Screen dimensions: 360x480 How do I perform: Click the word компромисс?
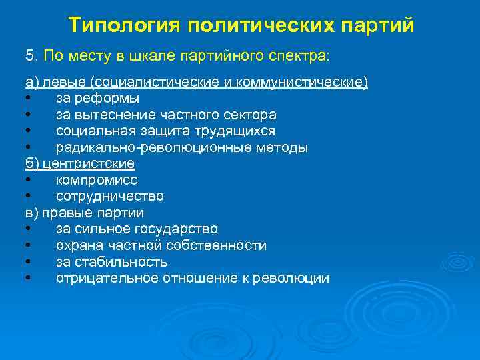click(x=97, y=180)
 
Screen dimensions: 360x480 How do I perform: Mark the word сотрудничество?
click(x=110, y=197)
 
